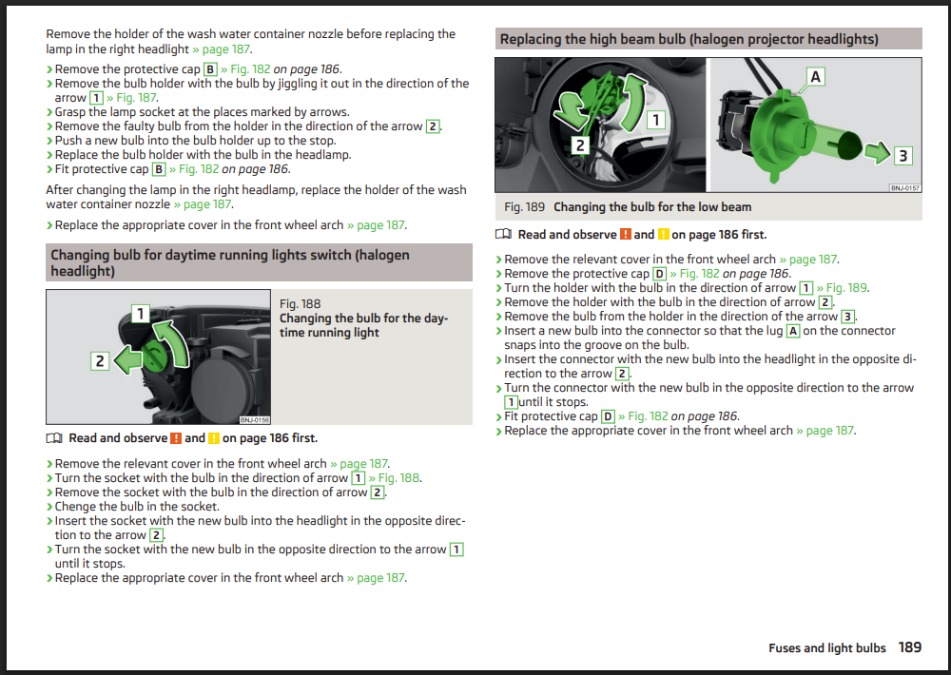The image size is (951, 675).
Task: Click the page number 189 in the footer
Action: pyautogui.click(x=910, y=647)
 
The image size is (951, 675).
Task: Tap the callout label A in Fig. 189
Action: pyautogui.click(x=815, y=76)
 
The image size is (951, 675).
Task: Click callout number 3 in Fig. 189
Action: pyautogui.click(x=902, y=156)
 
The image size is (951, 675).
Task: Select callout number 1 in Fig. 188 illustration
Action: pyautogui.click(x=141, y=314)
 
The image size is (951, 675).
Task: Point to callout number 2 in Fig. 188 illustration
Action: pyautogui.click(x=100, y=361)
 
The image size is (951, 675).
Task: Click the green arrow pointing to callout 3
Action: pyautogui.click(x=877, y=152)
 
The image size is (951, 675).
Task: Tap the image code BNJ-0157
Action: pyautogui.click(x=905, y=188)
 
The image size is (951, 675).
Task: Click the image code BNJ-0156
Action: pyautogui.click(x=255, y=419)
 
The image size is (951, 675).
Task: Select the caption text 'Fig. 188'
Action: pyautogui.click(x=301, y=304)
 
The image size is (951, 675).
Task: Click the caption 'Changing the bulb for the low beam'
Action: pyautogui.click(x=652, y=207)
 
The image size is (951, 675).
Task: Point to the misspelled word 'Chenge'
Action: pyautogui.click(x=74, y=507)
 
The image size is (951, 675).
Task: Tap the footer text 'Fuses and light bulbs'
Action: pyautogui.click(x=827, y=647)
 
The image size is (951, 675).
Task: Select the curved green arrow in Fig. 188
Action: pyautogui.click(x=173, y=342)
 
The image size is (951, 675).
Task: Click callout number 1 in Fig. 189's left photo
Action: pyautogui.click(x=655, y=120)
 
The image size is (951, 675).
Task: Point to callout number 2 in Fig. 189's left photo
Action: pyautogui.click(x=580, y=145)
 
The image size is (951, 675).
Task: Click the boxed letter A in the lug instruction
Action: pyautogui.click(x=793, y=331)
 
